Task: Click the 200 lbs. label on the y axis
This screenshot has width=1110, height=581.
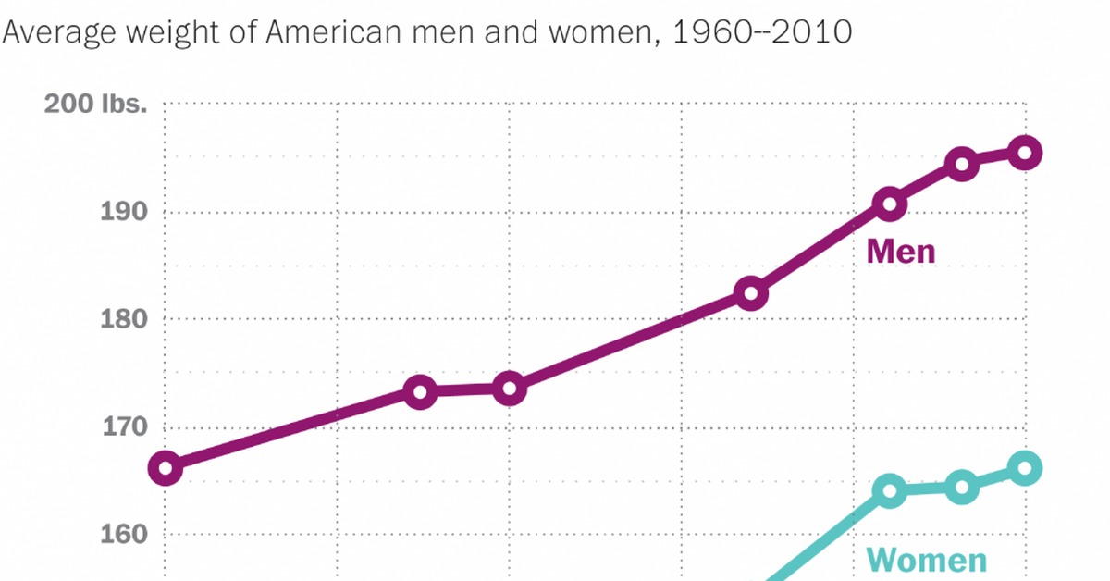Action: (x=96, y=105)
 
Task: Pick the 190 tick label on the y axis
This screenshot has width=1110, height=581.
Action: (x=124, y=212)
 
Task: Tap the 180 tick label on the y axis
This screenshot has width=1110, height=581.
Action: (x=124, y=319)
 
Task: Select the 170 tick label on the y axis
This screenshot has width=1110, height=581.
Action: (x=124, y=427)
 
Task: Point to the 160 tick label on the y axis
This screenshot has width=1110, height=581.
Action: (x=124, y=535)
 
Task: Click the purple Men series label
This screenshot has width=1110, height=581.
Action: (x=901, y=252)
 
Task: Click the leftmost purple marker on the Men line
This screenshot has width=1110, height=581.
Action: (x=166, y=468)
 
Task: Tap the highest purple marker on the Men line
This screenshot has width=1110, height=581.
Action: (x=1026, y=153)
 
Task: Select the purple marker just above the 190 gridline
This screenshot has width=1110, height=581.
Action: (x=890, y=204)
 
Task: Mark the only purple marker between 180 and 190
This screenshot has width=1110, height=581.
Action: (x=750, y=294)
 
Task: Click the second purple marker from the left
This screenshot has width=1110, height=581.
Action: (x=420, y=391)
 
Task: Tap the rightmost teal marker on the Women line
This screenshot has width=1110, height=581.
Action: (x=1026, y=468)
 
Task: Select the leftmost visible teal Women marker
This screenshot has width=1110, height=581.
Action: (x=890, y=490)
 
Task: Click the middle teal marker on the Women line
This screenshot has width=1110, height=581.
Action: (x=962, y=488)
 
